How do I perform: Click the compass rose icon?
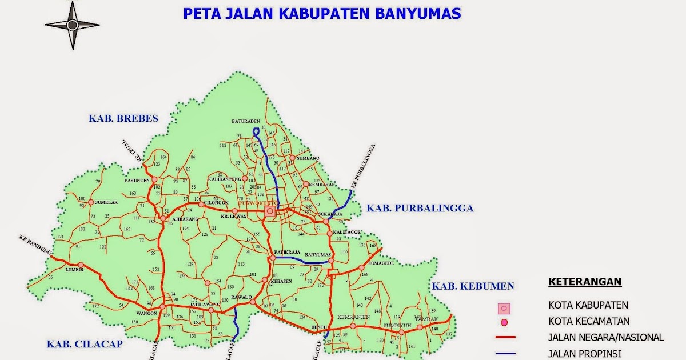[72, 25]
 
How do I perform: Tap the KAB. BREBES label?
[123, 119]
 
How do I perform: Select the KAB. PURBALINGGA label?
[420, 208]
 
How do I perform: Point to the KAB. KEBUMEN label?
[473, 286]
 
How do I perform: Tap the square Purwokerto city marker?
[269, 211]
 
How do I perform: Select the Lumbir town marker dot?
[81, 265]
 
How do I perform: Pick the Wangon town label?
[146, 314]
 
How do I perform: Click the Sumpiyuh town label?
[397, 325]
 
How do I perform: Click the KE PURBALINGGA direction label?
[363, 166]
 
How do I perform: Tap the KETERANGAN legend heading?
[585, 282]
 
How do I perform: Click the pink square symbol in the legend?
[504, 309]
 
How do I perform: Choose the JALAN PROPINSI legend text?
[584, 354]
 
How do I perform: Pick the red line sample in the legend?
[505, 338]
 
